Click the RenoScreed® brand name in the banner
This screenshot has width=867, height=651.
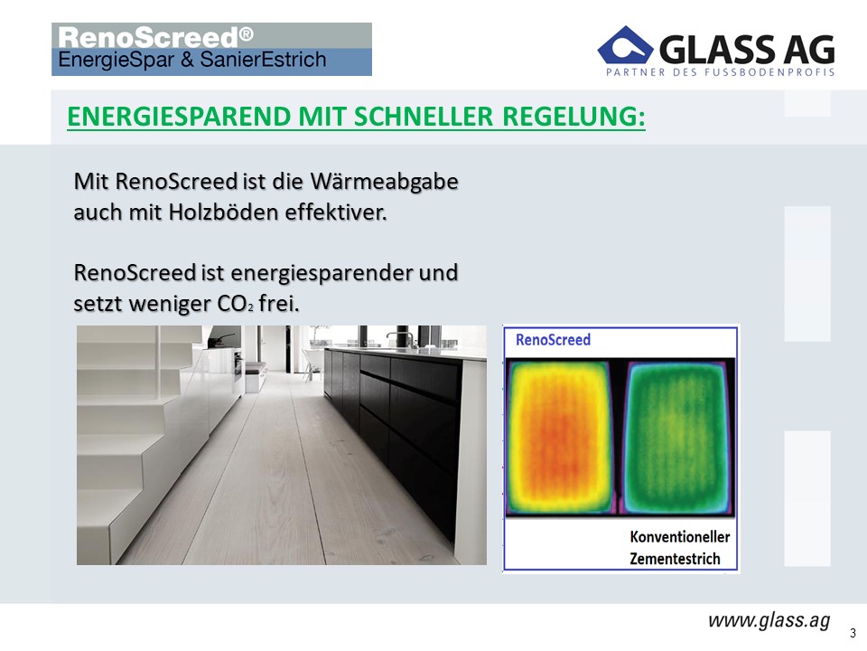click(155, 38)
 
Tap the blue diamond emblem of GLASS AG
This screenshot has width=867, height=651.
click(625, 45)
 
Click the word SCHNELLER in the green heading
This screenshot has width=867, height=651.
click(423, 117)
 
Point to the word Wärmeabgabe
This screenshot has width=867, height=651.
click(384, 182)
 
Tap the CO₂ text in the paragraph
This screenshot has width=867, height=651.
click(235, 304)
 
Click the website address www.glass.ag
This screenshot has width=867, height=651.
click(769, 620)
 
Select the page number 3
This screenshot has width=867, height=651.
click(853, 633)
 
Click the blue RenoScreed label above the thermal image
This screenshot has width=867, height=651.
click(553, 339)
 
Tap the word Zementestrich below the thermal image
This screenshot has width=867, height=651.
click(675, 559)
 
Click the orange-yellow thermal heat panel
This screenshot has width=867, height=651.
click(560, 438)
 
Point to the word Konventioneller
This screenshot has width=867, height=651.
click(679, 537)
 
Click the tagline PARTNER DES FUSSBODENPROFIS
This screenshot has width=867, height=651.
click(720, 72)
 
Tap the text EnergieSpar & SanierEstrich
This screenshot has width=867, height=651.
click(191, 60)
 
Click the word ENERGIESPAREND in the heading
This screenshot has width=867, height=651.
click(179, 117)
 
